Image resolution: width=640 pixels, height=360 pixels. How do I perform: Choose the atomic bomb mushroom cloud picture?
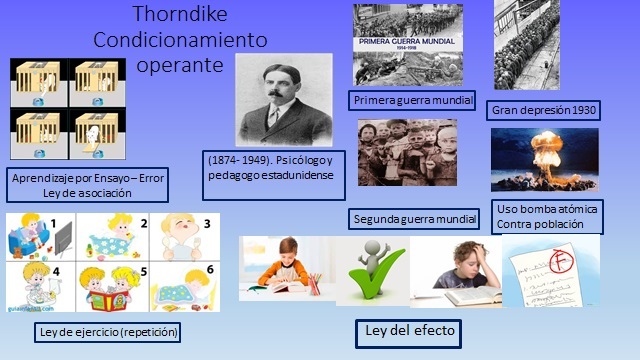coord(544,159)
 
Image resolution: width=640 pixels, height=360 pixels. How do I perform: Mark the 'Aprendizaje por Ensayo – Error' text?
coord(86,178)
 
